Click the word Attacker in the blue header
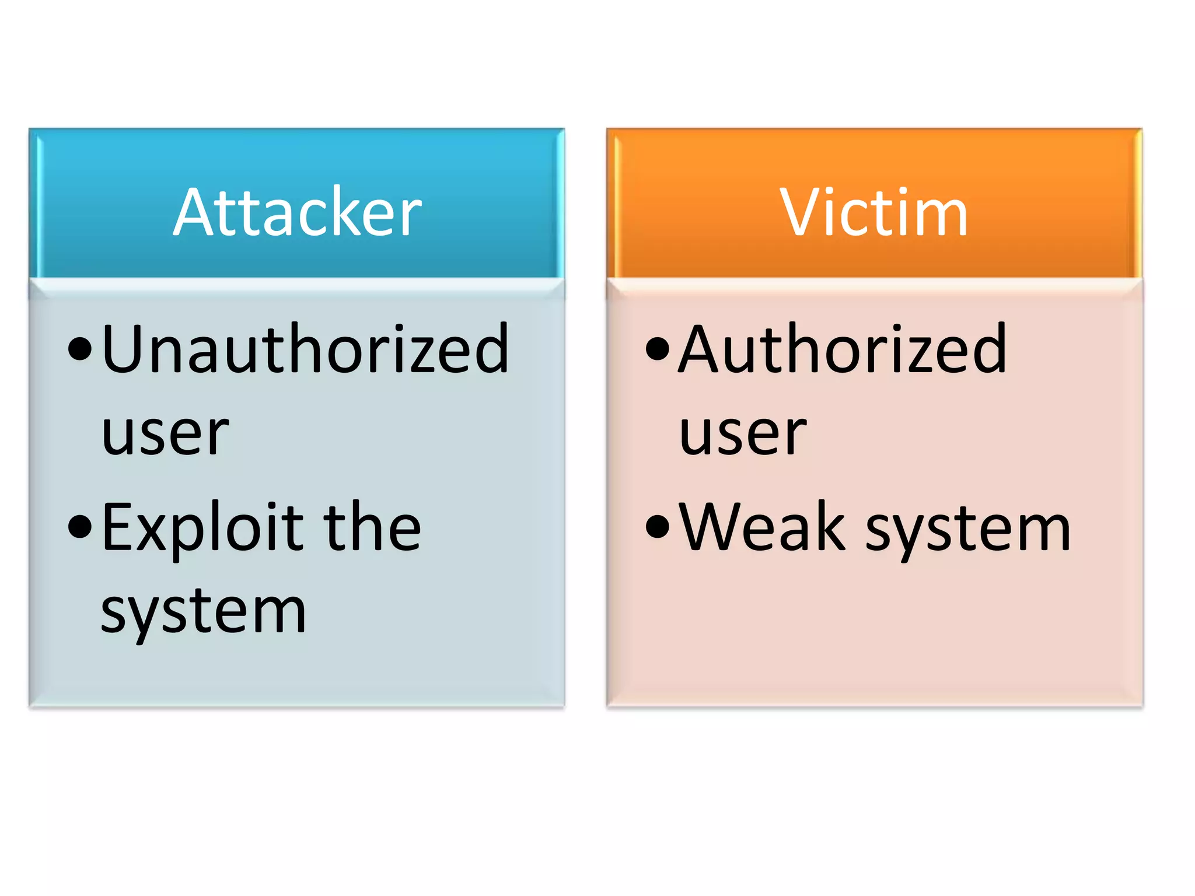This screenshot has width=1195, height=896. (x=297, y=212)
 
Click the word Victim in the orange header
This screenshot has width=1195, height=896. (x=873, y=212)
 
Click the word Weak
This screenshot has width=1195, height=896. (x=761, y=527)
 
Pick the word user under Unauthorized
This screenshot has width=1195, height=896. (x=165, y=434)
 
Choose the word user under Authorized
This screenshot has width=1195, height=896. (x=743, y=434)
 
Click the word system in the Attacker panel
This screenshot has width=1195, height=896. (x=203, y=612)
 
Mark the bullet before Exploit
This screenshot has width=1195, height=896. (x=80, y=527)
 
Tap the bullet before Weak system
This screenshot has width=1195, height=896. (x=658, y=527)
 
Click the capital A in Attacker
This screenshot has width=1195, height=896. (x=196, y=212)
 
